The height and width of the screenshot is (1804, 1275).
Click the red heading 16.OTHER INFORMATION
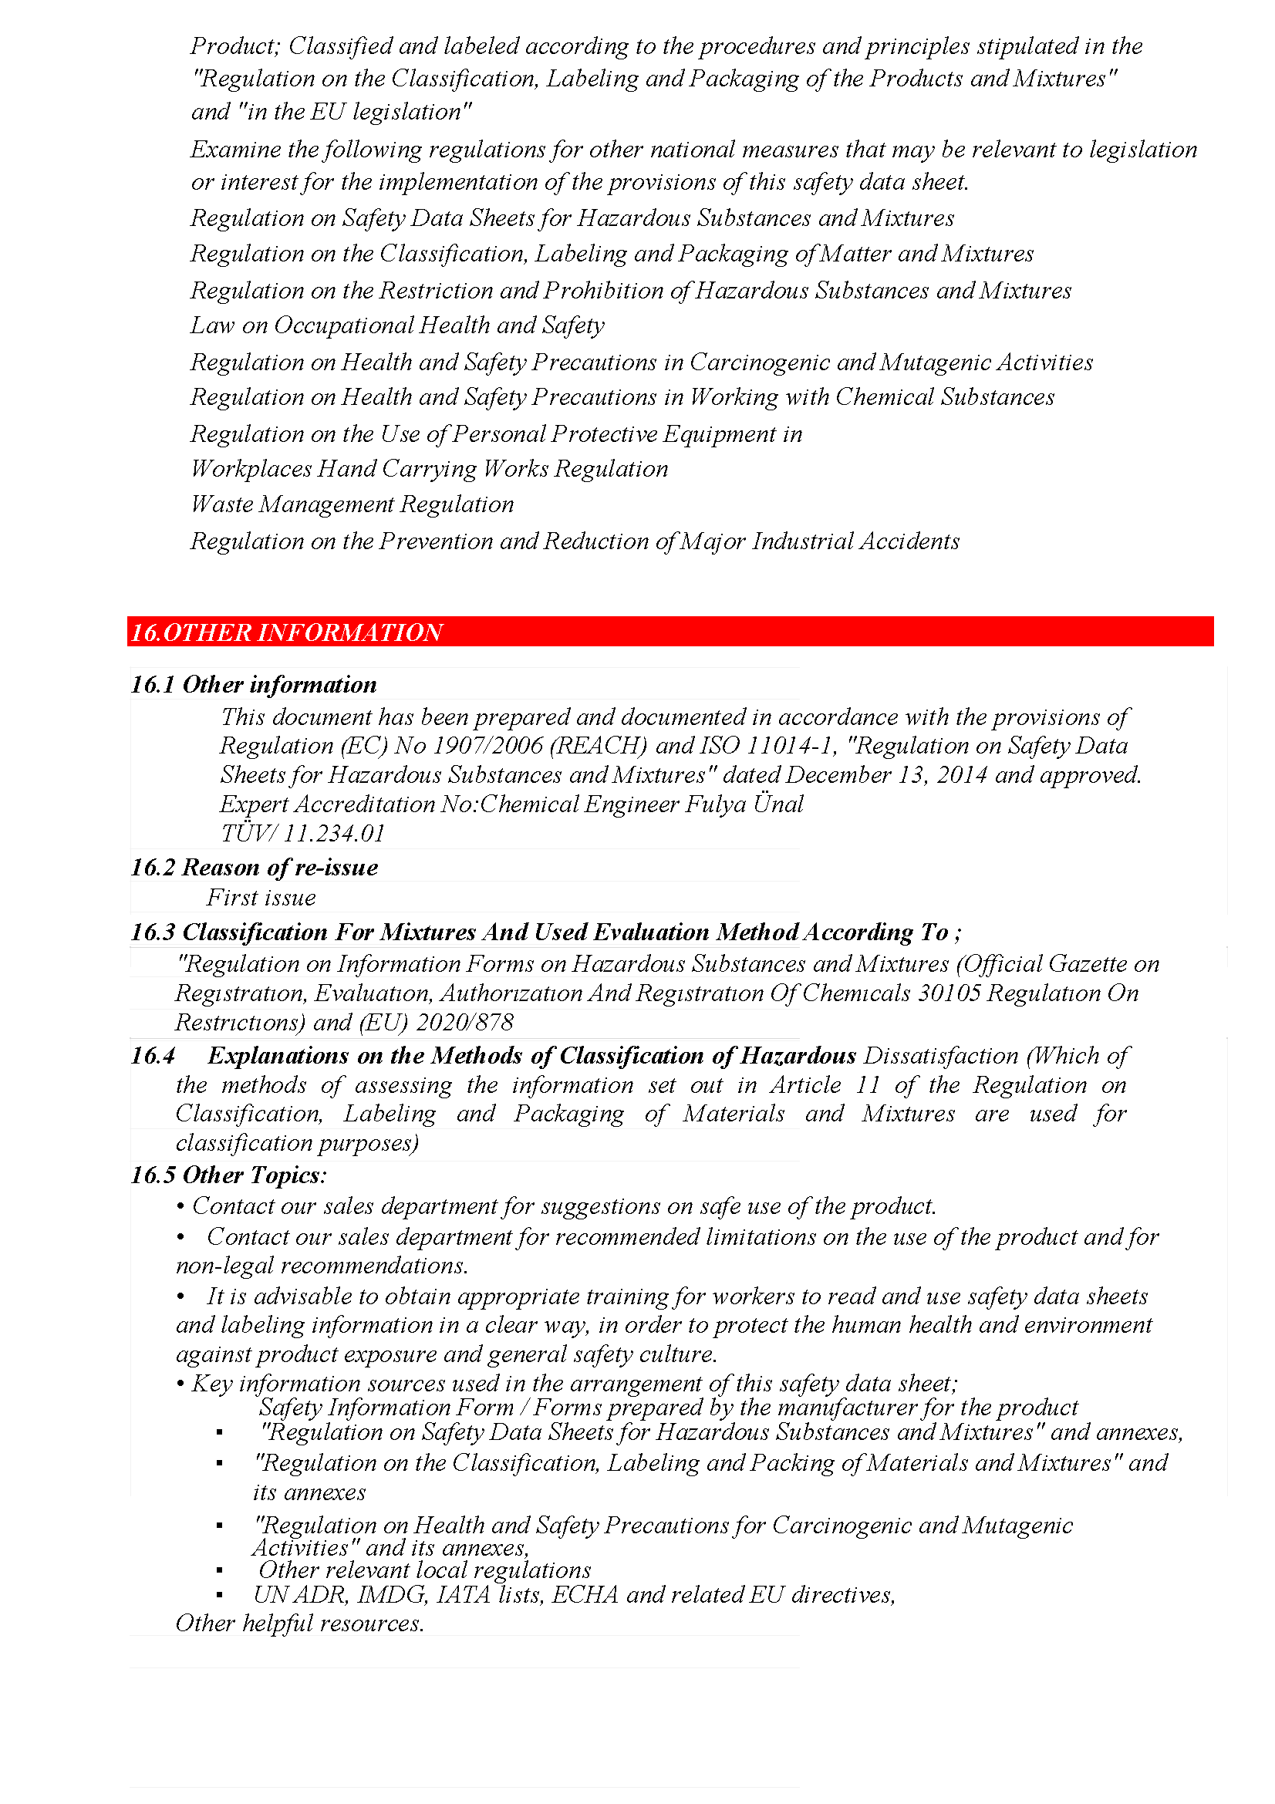click(287, 632)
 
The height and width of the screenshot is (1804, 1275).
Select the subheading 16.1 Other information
click(254, 685)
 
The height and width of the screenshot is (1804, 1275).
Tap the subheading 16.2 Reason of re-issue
click(255, 868)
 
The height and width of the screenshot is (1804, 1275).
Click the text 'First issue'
click(261, 898)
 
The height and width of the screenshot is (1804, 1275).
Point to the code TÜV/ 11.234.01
click(302, 834)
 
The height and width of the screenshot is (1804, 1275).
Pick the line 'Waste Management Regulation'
click(352, 504)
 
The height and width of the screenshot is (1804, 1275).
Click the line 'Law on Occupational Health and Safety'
click(397, 325)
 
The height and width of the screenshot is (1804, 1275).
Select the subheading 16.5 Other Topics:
click(228, 1175)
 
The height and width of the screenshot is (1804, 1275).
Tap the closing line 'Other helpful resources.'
click(300, 1624)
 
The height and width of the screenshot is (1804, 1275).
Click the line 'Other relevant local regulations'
click(424, 1570)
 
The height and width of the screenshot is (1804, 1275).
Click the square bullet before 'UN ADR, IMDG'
click(219, 1595)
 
